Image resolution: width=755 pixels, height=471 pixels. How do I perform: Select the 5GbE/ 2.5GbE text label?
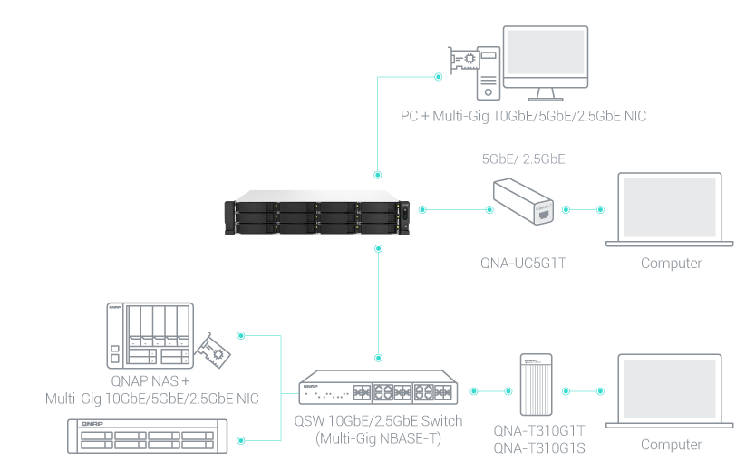point(524,159)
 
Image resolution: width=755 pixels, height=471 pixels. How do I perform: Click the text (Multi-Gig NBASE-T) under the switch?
point(378,438)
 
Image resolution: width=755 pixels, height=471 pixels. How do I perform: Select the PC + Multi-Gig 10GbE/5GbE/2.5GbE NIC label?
point(523,116)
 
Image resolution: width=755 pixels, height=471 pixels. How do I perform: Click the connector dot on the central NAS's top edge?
point(377,172)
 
